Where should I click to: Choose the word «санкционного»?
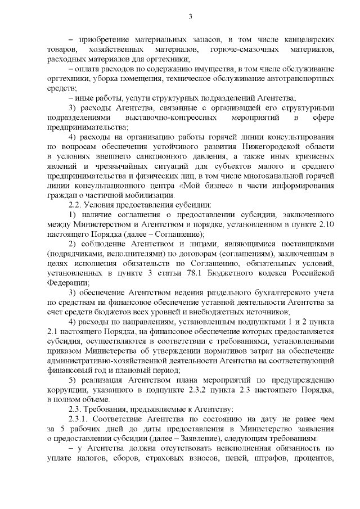[169, 155]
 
